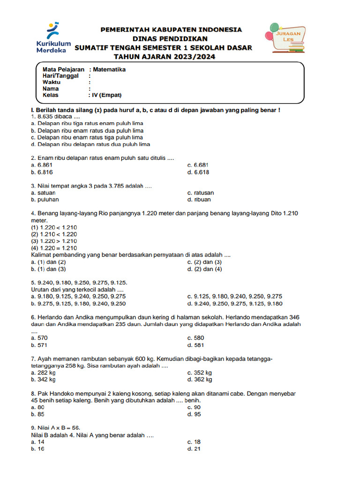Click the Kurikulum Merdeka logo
point(52,37)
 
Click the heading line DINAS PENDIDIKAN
point(163,38)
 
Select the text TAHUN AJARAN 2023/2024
point(163,57)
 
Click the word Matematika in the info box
point(109,69)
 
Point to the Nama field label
point(51,89)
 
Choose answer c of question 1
point(87,138)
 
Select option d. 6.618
point(198,172)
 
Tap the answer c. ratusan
point(201,193)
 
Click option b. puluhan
point(42,200)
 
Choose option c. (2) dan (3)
point(204,262)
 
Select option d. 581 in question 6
point(195,345)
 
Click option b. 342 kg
point(43,379)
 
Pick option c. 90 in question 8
point(194,407)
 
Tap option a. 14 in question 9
point(38,442)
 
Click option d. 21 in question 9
point(194,449)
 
